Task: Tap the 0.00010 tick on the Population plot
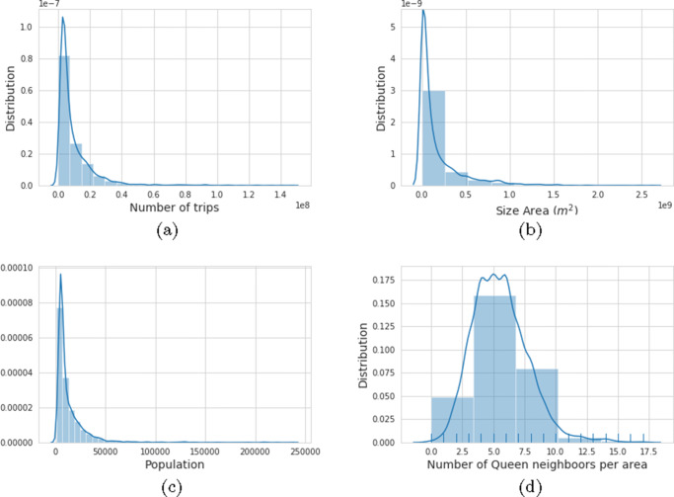tap(21, 268)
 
